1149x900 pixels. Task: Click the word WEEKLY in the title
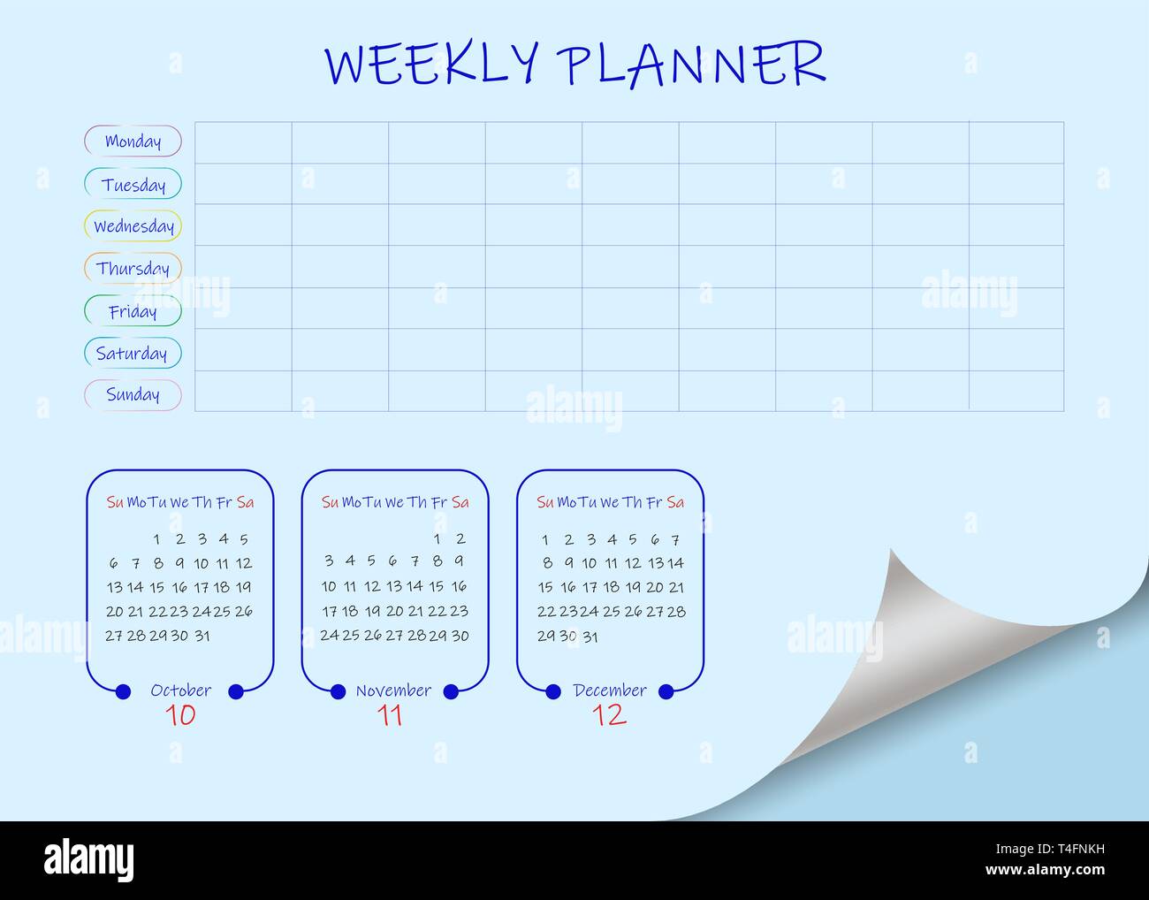[431, 64]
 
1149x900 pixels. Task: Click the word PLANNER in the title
[690, 64]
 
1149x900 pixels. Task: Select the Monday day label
[133, 141]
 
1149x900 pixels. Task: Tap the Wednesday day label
[133, 226]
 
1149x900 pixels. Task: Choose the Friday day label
[133, 311]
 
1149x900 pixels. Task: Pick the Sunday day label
[133, 395]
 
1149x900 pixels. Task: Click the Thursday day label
[133, 269]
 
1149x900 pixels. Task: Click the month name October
[180, 690]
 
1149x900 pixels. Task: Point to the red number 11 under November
[390, 715]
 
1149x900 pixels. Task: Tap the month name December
[610, 690]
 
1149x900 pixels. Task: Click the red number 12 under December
[609, 715]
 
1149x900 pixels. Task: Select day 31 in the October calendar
[202, 636]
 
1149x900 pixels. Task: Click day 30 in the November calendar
[460, 636]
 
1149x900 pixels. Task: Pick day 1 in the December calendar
[545, 539]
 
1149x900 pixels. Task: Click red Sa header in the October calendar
[246, 502]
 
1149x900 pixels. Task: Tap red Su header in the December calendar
[544, 502]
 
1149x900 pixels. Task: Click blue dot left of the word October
[123, 691]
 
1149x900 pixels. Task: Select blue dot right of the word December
[666, 691]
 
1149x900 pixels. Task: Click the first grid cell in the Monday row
[243, 142]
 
